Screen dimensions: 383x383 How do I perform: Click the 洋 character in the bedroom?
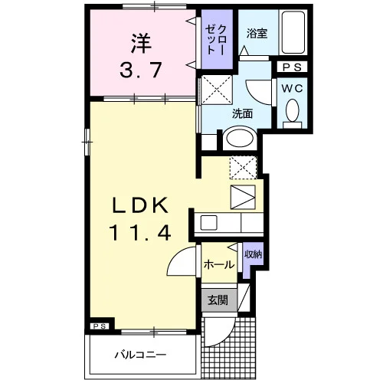pos(141,44)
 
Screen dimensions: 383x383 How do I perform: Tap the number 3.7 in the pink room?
pos(141,70)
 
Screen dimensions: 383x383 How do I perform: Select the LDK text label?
pos(140,205)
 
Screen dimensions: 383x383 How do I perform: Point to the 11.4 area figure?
pos(140,233)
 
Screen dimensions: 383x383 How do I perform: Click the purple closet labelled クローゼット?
pos(217,39)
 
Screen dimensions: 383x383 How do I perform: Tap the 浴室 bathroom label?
pos(257,34)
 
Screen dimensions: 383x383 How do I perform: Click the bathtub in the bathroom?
pos(293,32)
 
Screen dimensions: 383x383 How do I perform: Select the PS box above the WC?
pos(293,67)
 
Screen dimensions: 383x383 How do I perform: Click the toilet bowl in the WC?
pos(293,110)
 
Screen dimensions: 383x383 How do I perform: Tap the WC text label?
pos(293,89)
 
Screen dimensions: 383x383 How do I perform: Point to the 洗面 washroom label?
pos(242,114)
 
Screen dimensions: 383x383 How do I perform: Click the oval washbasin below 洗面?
pos(240,138)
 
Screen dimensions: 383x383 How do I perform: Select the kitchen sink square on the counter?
pos(208,223)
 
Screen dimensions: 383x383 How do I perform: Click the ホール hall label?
pos(219,264)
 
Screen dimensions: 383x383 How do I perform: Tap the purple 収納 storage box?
pos(253,260)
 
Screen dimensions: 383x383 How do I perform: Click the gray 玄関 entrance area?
pos(219,300)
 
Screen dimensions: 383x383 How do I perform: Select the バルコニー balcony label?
pos(140,355)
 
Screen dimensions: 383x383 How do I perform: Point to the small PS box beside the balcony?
pos(100,326)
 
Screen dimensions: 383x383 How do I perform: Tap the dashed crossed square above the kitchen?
pos(243,168)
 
